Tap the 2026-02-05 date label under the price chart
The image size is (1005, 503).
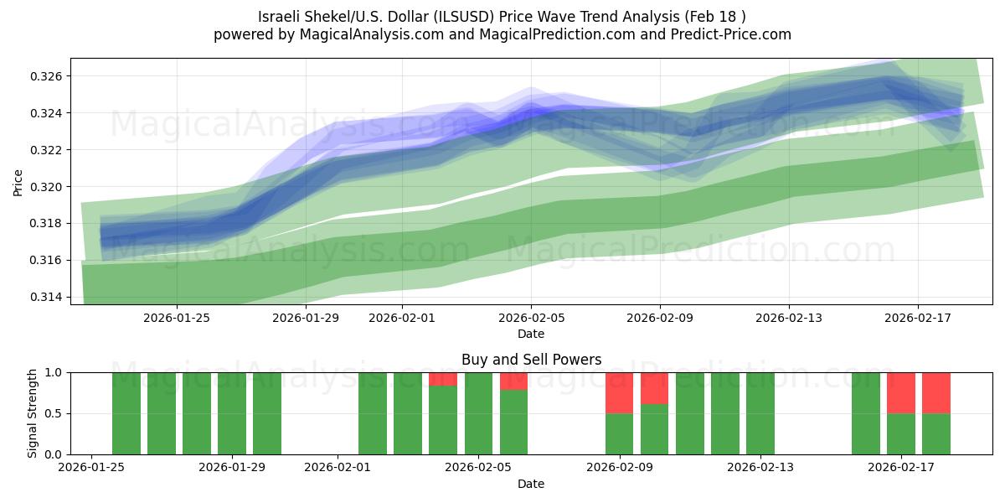pos(530,318)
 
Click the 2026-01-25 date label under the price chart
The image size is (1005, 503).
pos(176,318)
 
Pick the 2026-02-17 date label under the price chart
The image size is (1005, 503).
pos(917,318)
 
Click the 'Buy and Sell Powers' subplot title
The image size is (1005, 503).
pos(531,360)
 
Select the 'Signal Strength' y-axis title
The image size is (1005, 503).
pos(33,413)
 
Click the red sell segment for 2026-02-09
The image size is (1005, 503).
pos(619,392)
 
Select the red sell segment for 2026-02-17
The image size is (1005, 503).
pos(901,392)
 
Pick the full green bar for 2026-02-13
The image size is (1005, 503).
pos(760,413)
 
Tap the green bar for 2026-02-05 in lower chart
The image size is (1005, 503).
pos(478,413)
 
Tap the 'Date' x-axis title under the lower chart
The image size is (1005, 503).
pos(531,484)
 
